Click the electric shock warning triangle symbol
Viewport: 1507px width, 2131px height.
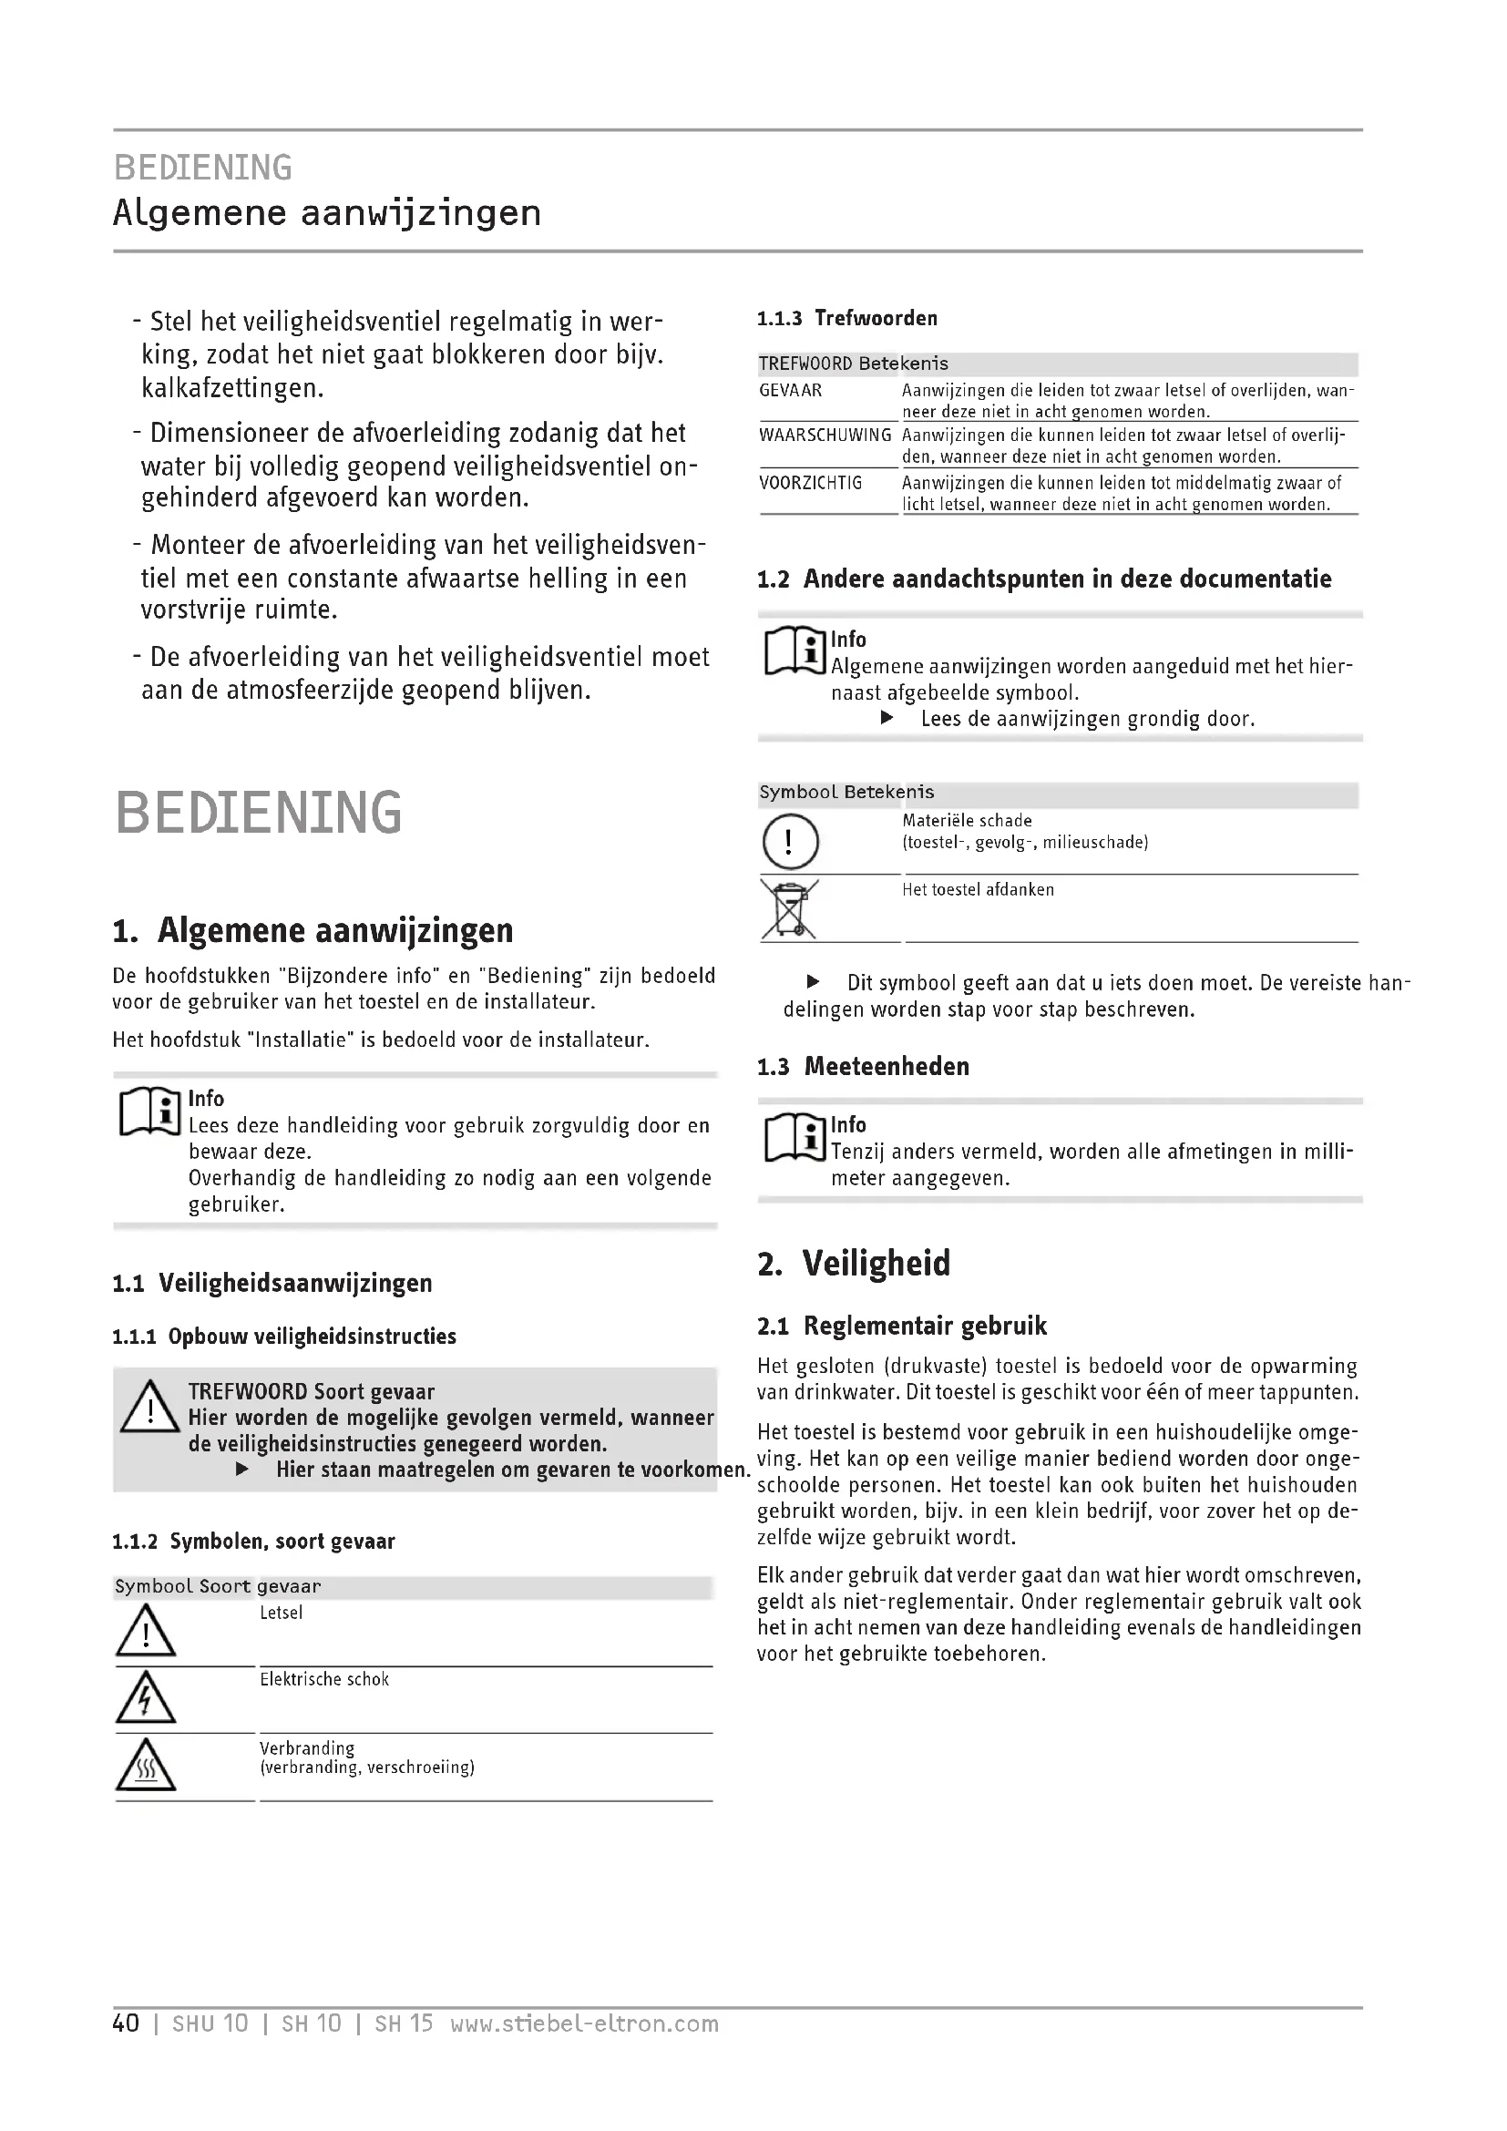[x=146, y=1697]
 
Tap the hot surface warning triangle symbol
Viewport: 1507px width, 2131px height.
[x=146, y=1766]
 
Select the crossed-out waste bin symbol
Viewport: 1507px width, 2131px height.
[x=789, y=909]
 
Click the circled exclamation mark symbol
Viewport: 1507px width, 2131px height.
[x=790, y=842]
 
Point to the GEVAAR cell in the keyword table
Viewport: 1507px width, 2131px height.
[x=791, y=391]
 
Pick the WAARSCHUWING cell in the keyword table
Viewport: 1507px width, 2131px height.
[x=825, y=435]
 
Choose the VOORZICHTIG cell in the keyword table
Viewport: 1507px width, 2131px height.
[x=810, y=483]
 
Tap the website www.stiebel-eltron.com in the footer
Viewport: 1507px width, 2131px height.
[x=584, y=2023]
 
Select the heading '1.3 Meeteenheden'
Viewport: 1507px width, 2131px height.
[x=863, y=1067]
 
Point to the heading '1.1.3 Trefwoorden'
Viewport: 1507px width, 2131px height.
[x=847, y=318]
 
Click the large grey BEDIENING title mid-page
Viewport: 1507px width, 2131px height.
[x=259, y=812]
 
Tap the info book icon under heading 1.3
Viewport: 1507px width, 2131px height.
[x=795, y=1137]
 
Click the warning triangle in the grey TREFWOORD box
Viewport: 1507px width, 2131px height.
[x=149, y=1407]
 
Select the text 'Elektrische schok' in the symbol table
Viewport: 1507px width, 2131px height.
[x=323, y=1679]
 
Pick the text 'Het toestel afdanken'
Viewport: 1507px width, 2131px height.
[x=978, y=889]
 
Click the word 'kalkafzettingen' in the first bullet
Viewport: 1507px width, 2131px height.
[x=232, y=388]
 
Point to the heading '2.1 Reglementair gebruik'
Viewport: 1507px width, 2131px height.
[x=902, y=1326]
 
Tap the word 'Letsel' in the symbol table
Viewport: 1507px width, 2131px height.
[x=282, y=1613]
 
